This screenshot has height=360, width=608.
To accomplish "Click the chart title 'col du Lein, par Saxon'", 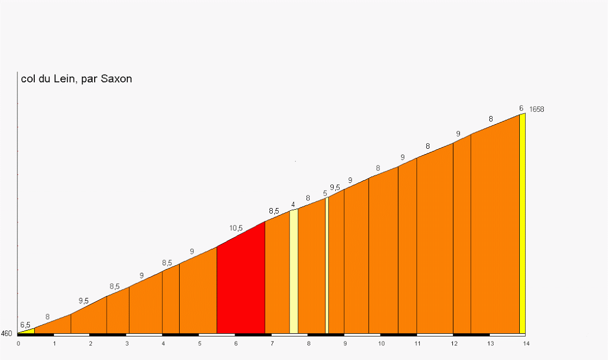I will tap(76, 79).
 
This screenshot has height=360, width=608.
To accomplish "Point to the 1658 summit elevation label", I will tap(537, 109).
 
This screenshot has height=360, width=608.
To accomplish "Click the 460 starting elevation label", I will tap(7, 334).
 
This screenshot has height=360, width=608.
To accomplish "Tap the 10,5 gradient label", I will tap(236, 228).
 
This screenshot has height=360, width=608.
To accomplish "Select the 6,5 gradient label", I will tap(25, 325).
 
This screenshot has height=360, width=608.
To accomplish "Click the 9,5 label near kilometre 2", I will tap(83, 301).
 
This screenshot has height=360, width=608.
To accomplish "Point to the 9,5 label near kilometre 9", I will tap(335, 188).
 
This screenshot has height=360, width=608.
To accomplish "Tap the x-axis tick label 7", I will tap(272, 343).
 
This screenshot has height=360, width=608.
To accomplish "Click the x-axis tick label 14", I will tap(526, 343).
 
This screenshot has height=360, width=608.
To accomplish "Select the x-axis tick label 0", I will tap(18, 343).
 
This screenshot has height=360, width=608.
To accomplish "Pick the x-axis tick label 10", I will tap(381, 343).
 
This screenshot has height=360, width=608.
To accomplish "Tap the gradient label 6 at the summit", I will tap(521, 108).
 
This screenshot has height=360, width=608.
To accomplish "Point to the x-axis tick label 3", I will tap(127, 343).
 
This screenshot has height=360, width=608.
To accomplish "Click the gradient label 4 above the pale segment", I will tap(293, 205).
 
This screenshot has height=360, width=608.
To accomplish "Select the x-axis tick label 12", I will tap(453, 343).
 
